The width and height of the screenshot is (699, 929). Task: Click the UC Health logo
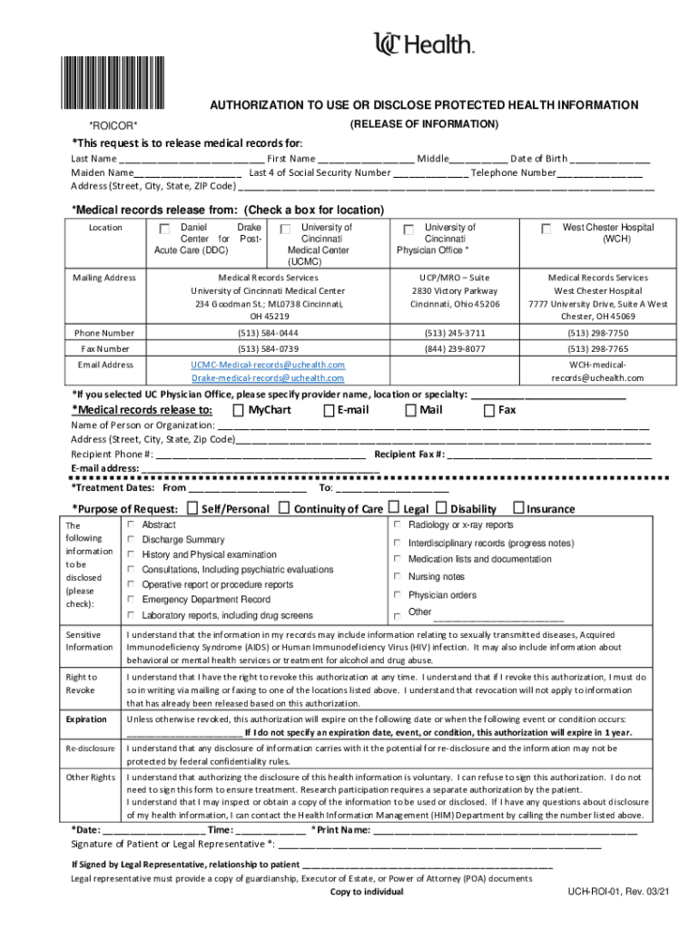pyautogui.click(x=424, y=44)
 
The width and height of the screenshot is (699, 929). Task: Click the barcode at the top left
pyautogui.click(x=114, y=84)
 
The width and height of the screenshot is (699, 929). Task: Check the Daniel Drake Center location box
pyautogui.click(x=163, y=229)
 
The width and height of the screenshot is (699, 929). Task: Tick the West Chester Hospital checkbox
pyautogui.click(x=546, y=230)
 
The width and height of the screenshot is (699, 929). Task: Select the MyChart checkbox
pyautogui.click(x=239, y=410)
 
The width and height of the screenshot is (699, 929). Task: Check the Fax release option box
pyautogui.click(x=490, y=410)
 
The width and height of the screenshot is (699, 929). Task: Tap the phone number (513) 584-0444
pyautogui.click(x=268, y=333)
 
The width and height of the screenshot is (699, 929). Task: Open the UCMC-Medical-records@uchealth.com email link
pyautogui.click(x=268, y=364)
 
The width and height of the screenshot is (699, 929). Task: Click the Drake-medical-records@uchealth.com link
pyautogui.click(x=268, y=377)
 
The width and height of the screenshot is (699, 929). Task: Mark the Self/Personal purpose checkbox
pyautogui.click(x=192, y=508)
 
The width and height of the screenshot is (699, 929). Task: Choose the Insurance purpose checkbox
pyautogui.click(x=519, y=508)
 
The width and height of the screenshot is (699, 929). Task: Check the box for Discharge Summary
pyautogui.click(x=132, y=540)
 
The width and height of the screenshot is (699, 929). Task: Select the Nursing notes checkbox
pyautogui.click(x=397, y=577)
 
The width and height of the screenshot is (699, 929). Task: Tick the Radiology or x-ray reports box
pyautogui.click(x=397, y=525)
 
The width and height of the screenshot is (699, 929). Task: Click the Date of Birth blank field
pyautogui.click(x=610, y=158)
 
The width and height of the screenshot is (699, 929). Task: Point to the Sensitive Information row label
pyautogui.click(x=89, y=641)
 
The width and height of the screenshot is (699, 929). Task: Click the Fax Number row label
pyautogui.click(x=104, y=348)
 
